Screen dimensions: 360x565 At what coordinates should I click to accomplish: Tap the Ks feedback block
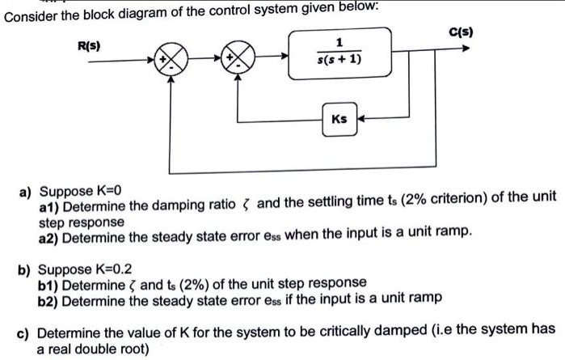[339, 119]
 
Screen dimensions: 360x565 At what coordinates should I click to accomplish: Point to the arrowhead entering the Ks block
[361, 119]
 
